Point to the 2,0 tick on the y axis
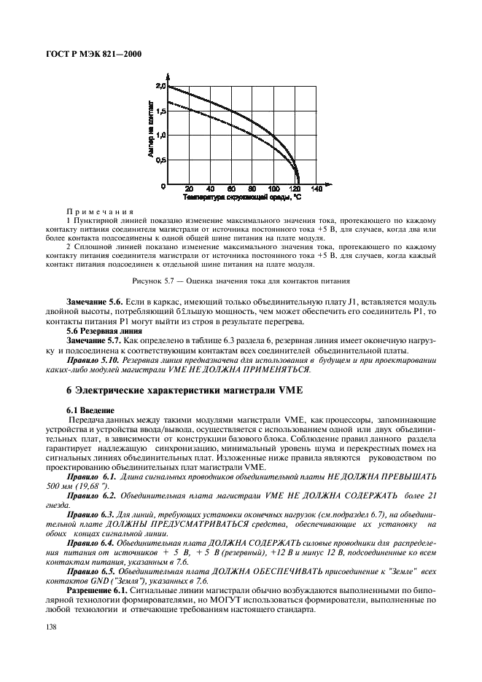coord(160,86)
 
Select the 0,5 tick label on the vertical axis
coord(160,160)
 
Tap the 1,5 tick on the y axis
coord(160,111)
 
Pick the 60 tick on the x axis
coord(230,189)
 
